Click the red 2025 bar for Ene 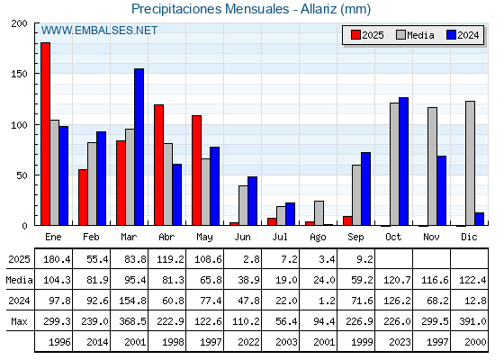[x=45, y=134]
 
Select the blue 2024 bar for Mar [x=139, y=147]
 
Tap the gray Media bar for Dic [x=470, y=163]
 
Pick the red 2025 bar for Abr [x=158, y=165]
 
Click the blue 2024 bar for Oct [x=403, y=161]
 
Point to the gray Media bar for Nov [x=432, y=166]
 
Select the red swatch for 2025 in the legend [x=355, y=35]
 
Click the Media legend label [x=420, y=35]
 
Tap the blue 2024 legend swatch [x=451, y=35]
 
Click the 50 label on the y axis [x=22, y=175]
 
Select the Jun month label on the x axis [x=242, y=238]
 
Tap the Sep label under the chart [x=355, y=238]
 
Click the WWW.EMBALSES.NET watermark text [x=99, y=31]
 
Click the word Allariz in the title [x=319, y=9]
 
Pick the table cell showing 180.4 [x=57, y=259]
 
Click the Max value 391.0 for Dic [x=472, y=321]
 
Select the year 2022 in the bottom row [x=248, y=342]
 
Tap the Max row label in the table [x=19, y=321]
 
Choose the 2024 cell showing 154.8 [x=132, y=301]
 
